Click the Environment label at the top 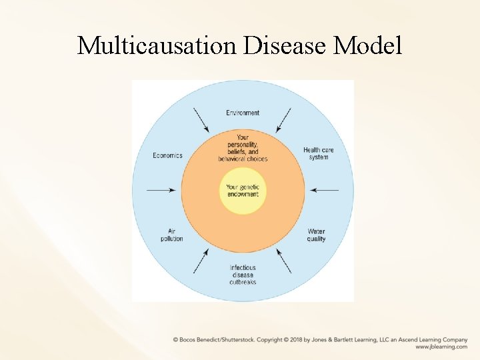(x=243, y=113)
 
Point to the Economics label (x=167, y=155)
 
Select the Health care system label (x=318, y=153)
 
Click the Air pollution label (x=171, y=235)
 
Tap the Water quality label (x=316, y=235)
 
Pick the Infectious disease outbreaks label (x=243, y=275)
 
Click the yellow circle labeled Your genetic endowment (x=243, y=191)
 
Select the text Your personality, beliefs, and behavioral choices (x=243, y=148)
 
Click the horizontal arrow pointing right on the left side (x=161, y=191)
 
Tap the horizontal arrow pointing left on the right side (x=324, y=191)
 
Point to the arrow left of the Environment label (x=201, y=119)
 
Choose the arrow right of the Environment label (x=283, y=119)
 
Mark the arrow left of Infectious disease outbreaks (x=201, y=261)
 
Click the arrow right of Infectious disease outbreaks (x=283, y=261)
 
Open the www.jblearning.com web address (x=441, y=347)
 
